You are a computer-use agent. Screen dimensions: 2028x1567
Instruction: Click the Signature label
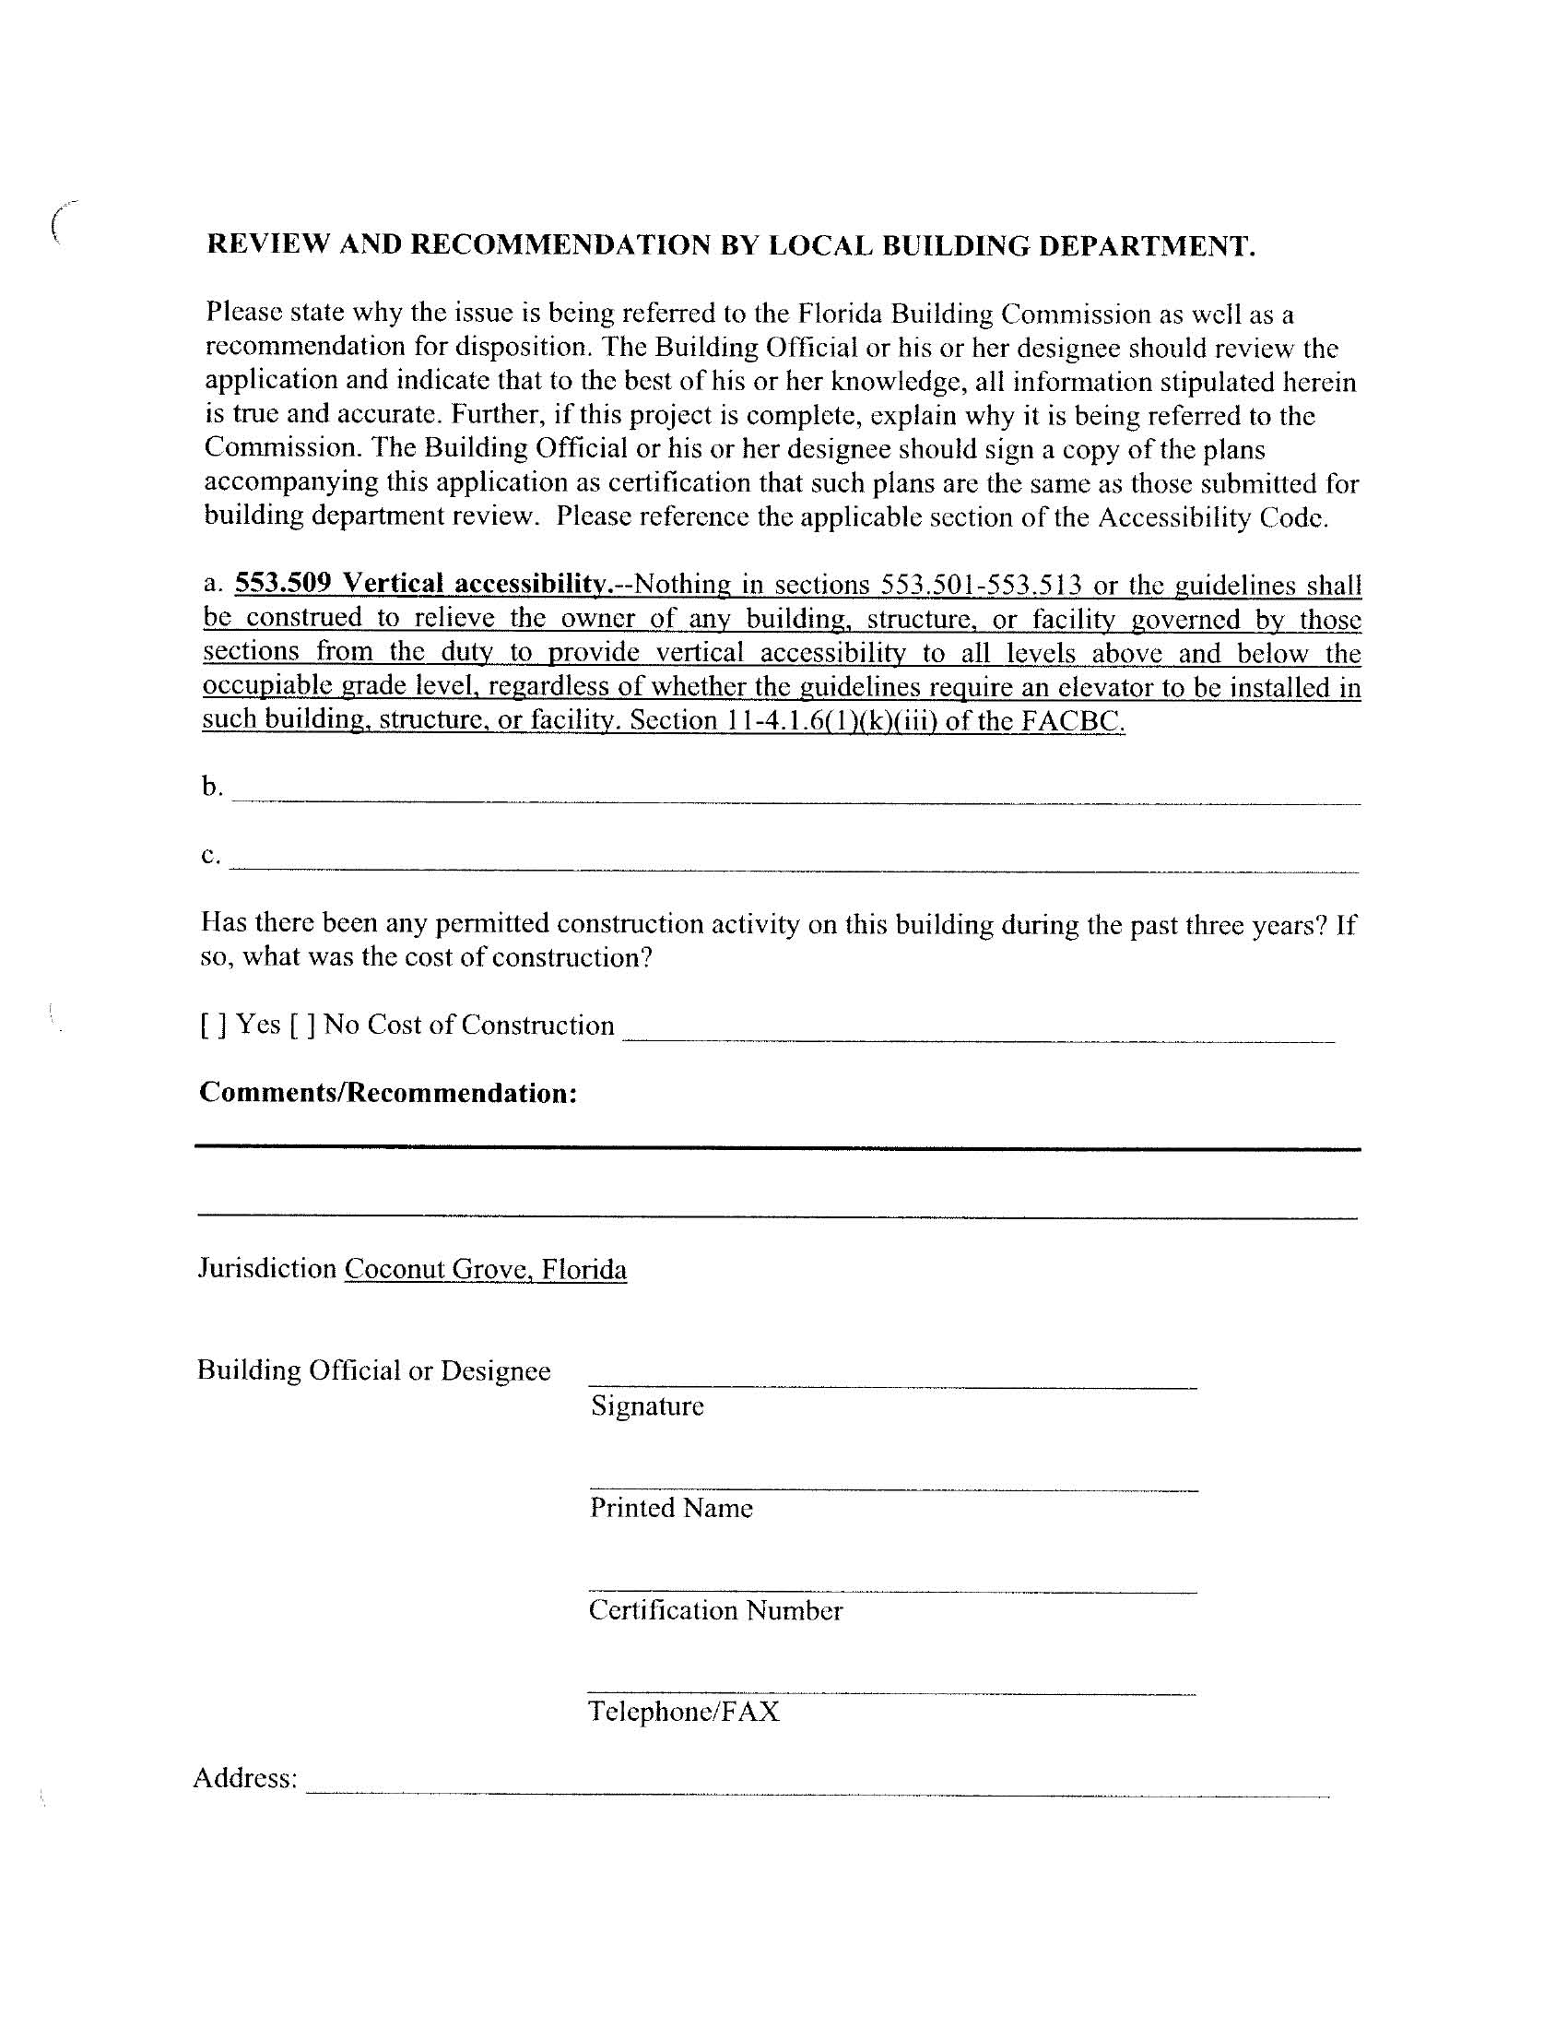647,1405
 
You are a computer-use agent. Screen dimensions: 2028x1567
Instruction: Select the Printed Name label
671,1508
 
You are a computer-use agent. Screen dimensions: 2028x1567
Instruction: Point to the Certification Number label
714,1610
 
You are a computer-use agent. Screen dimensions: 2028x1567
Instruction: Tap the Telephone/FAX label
684,1712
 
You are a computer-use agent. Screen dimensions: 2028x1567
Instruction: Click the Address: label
245,1778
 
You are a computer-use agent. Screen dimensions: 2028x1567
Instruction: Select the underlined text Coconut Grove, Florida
486,1269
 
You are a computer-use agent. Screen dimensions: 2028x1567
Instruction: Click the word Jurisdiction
267,1268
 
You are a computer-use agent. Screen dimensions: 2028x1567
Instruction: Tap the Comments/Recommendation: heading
388,1093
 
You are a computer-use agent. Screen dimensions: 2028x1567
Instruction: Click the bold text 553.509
283,583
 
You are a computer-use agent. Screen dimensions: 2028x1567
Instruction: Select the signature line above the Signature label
892,1386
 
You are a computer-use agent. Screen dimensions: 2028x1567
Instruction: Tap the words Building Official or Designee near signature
373,1370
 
